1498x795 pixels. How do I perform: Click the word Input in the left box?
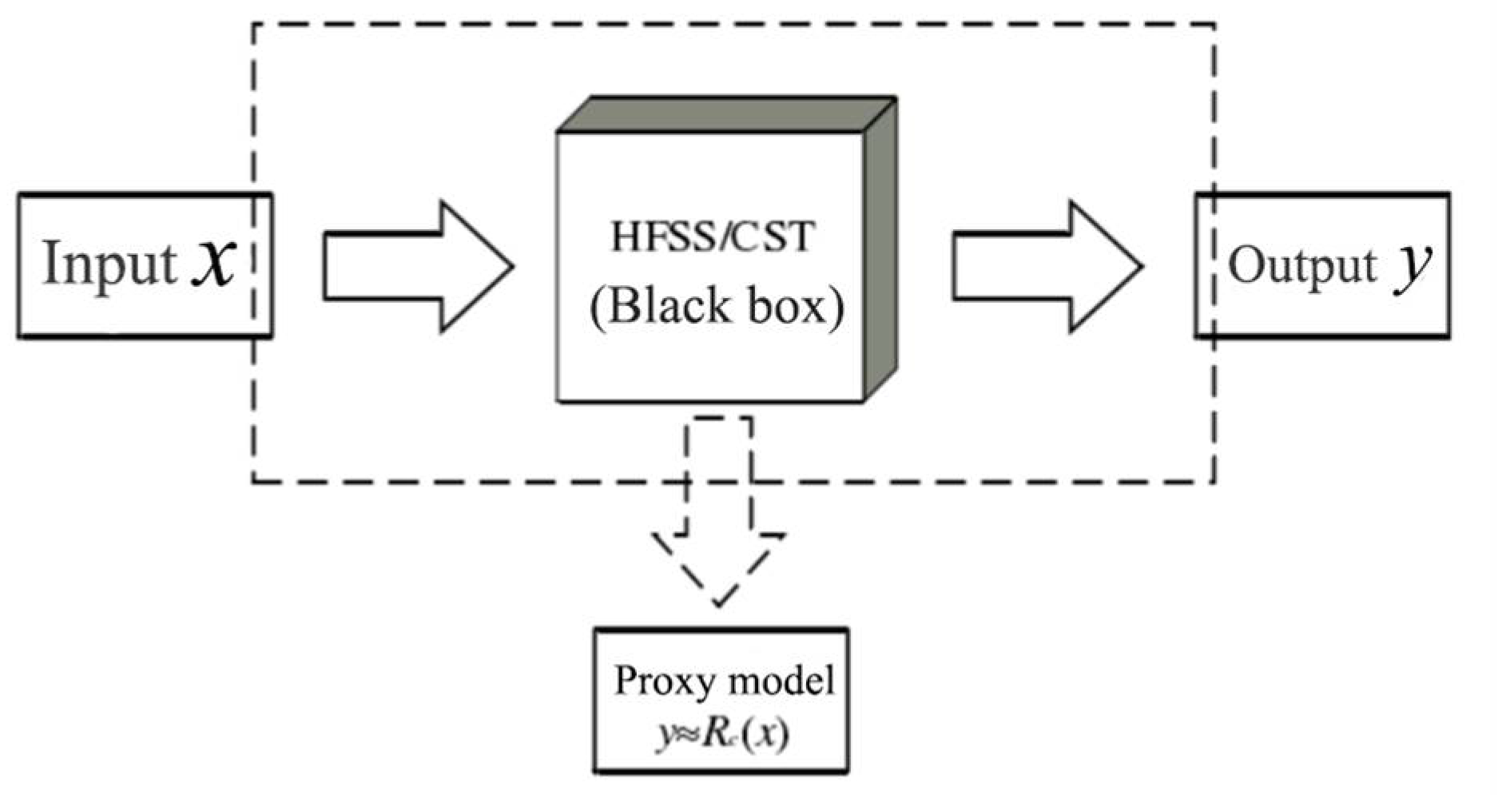tap(109, 264)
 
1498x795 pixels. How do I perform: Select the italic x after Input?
tap(214, 265)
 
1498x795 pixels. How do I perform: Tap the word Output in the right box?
tap(1302, 266)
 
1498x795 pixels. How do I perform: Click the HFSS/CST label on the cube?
tap(713, 237)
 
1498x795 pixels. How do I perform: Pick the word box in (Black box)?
tap(787, 306)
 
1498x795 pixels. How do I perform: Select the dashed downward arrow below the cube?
tap(718, 511)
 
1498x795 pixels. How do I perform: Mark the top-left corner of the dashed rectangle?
tap(253, 25)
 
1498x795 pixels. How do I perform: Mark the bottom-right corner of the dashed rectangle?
tap(1215, 482)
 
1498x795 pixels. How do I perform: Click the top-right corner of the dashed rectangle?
tap(1215, 25)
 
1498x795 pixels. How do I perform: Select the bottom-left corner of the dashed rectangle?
tap(253, 482)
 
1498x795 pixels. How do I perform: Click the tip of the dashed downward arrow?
tap(718, 605)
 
